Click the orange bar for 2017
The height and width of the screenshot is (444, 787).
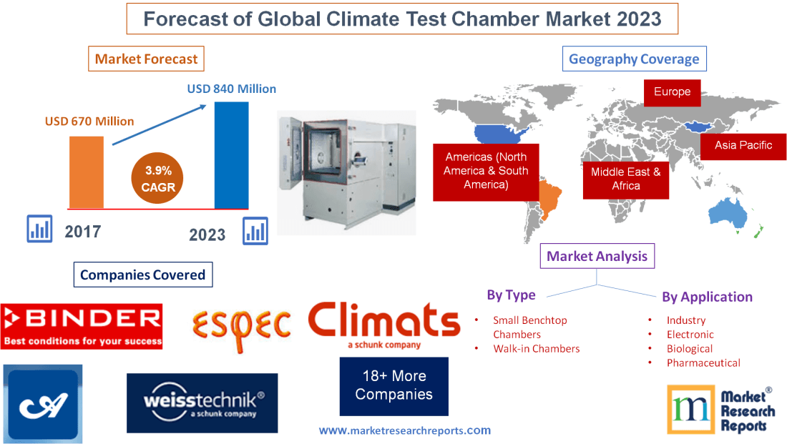pyautogui.click(x=86, y=172)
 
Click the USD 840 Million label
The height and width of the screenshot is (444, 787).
pyautogui.click(x=231, y=89)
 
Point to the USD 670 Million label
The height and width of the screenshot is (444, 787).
pyautogui.click(x=89, y=121)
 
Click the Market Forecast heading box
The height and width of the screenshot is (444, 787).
pyautogui.click(x=146, y=59)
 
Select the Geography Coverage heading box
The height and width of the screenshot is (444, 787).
pyautogui.click(x=634, y=59)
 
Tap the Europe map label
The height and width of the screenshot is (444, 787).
pyautogui.click(x=672, y=92)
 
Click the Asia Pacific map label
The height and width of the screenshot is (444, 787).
pyautogui.click(x=743, y=145)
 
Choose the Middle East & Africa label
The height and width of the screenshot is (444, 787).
pyautogui.click(x=625, y=179)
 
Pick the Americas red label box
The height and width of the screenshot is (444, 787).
pyautogui.click(x=486, y=171)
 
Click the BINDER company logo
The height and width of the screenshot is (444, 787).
pyautogui.click(x=82, y=325)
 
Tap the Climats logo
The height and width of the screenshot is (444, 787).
pyautogui.click(x=384, y=324)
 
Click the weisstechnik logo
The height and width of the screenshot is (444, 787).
pyautogui.click(x=202, y=403)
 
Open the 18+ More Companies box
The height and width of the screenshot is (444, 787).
pyautogui.click(x=393, y=385)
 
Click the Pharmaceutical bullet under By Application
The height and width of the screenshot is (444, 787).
pyautogui.click(x=703, y=362)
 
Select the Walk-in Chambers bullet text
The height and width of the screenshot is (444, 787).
pyautogui.click(x=536, y=349)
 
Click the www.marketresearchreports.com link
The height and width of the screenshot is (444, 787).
pyautogui.click(x=404, y=430)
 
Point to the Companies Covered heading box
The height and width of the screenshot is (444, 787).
pyautogui.click(x=142, y=275)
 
